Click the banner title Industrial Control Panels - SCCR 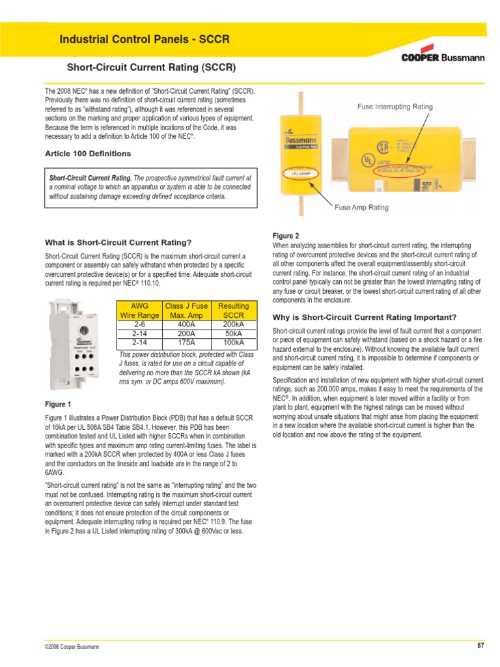tap(145, 39)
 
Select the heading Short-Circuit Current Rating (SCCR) tap(151, 68)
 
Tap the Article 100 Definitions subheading tap(87, 154)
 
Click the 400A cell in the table tap(186, 324)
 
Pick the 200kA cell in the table tap(233, 324)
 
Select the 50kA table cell tap(233, 333)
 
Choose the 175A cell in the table tap(186, 342)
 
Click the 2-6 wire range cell tap(139, 324)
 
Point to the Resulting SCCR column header tap(233, 310)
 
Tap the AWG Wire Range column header tap(139, 310)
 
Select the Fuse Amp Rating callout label tap(361, 208)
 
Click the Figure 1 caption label tap(58, 404)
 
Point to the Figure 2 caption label tap(285, 235)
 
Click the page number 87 tap(480, 646)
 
